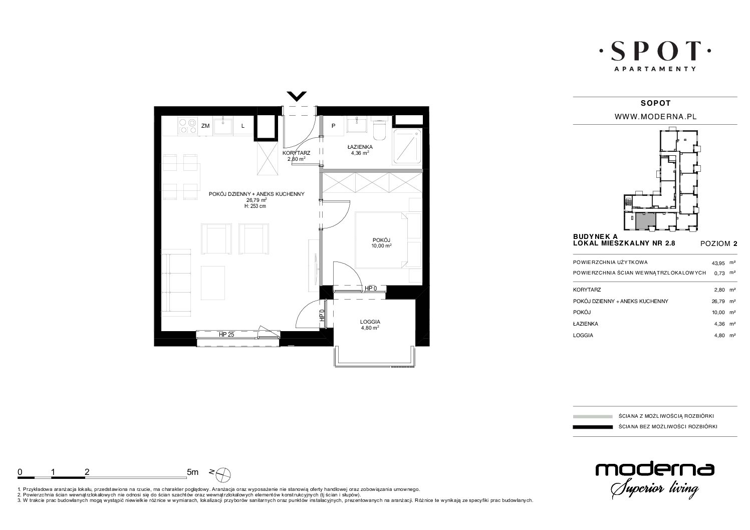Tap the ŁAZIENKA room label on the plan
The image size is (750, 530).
click(360, 147)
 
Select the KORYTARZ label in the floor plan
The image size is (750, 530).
click(296, 153)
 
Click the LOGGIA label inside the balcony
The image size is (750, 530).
click(370, 322)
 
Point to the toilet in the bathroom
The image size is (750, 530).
click(380, 130)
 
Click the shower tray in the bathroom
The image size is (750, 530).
click(407, 146)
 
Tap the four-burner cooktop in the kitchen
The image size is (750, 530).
click(187, 126)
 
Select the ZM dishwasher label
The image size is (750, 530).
click(205, 126)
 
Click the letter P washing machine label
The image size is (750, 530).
click(333, 126)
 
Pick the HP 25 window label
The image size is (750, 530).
click(226, 334)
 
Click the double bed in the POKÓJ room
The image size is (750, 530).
click(382, 240)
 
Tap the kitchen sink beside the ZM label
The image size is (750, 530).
click(223, 126)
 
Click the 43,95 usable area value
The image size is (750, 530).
click(718, 263)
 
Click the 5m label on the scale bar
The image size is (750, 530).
click(192, 472)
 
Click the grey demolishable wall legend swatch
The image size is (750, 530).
click(593, 416)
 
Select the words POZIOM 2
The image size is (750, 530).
click(718, 244)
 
